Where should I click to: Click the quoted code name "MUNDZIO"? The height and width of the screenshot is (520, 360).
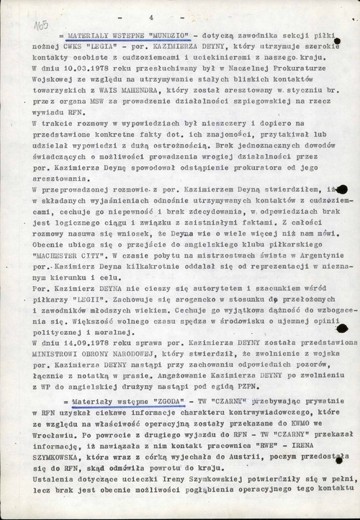144,35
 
